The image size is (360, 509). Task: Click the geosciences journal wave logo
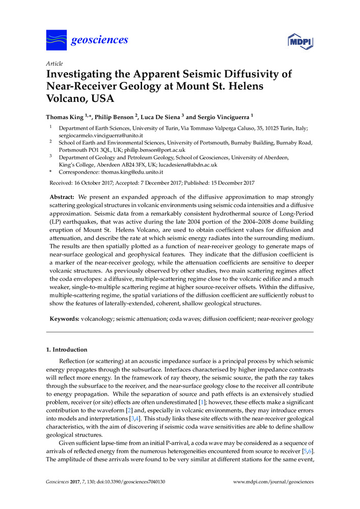click(x=57, y=39)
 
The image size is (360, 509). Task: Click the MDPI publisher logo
click(x=300, y=41)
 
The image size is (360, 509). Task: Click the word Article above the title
click(x=54, y=64)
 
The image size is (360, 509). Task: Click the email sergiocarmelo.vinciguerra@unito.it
click(x=101, y=136)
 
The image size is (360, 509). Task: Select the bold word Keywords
click(x=64, y=319)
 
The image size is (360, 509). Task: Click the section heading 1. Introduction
click(x=67, y=350)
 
